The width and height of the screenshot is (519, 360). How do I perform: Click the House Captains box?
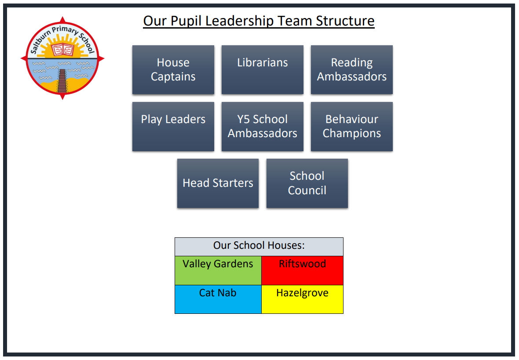pos(173,69)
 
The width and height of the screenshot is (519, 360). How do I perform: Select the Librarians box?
pos(262,69)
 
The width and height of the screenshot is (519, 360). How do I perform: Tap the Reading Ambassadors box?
pos(351,69)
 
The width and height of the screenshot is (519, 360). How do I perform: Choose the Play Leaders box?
pos(173,127)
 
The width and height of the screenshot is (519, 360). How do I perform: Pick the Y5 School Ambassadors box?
pos(262,127)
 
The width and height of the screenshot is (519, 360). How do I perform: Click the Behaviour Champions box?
pos(351,127)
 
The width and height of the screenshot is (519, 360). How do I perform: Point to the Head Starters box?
pos(218,183)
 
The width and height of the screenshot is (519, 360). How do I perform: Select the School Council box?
pos(307,183)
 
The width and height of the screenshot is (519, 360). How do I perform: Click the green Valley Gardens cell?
pos(218,270)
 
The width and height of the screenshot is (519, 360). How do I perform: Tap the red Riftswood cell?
pos(302,270)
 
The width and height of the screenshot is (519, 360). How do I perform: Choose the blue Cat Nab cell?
pos(218,299)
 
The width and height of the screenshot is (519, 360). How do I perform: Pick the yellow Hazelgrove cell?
pos(302,299)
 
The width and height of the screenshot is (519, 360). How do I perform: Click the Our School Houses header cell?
pos(259,247)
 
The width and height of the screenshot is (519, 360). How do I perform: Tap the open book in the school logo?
pos(62,49)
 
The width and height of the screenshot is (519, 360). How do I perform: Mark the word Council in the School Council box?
pos(307,190)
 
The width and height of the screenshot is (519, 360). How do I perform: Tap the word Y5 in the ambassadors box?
pos(244,120)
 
